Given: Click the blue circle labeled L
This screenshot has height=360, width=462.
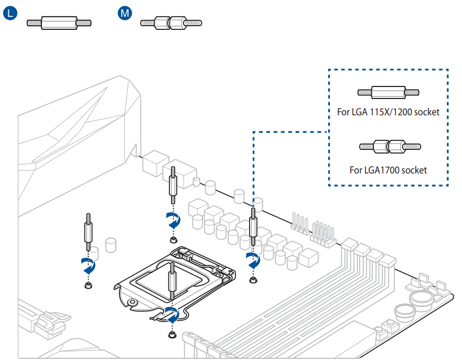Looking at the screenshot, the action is click(11, 13).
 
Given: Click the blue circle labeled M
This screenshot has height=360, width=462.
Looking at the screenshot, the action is click(125, 13).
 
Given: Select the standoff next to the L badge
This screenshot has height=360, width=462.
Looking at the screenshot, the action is click(59, 23).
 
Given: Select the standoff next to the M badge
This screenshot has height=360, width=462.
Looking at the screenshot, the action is click(171, 23).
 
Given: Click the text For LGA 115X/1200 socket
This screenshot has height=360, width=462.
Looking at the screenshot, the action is click(388, 112).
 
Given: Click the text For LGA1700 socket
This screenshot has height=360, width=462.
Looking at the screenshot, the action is click(388, 170).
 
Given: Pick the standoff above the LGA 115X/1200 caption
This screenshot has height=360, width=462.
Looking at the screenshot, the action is click(389, 92).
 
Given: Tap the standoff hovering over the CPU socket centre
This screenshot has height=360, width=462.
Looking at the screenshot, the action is click(171, 283).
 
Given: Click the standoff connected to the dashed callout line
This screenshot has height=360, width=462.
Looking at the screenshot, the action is click(253, 226).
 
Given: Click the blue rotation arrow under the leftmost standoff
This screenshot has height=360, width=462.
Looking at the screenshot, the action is click(88, 266).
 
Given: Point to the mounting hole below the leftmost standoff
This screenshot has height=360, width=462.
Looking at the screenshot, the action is click(88, 286).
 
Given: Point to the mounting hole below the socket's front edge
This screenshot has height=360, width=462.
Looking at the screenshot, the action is click(171, 335).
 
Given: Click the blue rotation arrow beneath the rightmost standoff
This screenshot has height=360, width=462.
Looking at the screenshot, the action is click(253, 260).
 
